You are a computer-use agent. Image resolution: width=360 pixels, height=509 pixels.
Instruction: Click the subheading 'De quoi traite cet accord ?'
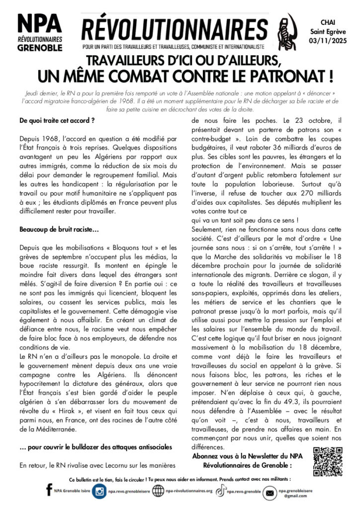point(57,121)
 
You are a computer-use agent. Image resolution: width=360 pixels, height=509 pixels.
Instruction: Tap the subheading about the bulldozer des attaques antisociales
point(96,447)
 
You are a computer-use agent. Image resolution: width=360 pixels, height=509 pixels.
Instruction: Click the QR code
point(328,462)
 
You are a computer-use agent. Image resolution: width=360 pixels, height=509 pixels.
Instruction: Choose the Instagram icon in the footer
point(99,491)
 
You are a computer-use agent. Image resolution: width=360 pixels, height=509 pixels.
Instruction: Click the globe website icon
point(159,491)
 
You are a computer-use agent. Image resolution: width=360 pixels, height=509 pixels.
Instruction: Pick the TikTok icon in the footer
point(220,491)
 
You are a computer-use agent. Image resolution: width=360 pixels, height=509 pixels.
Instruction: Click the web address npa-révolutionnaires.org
point(189,491)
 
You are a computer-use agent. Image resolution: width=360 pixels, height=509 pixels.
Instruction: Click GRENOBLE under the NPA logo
point(40,48)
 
